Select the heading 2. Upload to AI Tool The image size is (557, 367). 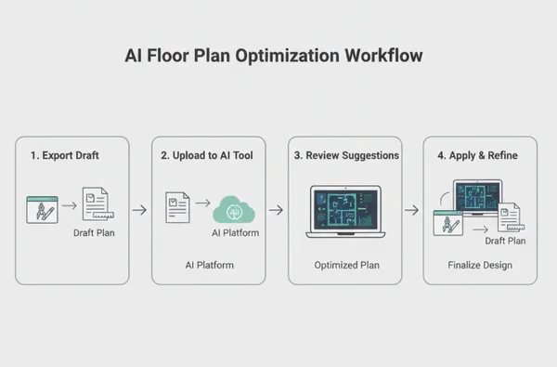[x=207, y=155]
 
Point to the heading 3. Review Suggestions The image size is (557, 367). [x=346, y=155]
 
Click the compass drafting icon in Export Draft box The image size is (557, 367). [x=42, y=209]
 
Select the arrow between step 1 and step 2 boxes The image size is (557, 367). [x=139, y=210]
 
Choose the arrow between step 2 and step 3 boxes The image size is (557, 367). [x=276, y=210]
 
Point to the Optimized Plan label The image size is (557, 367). [x=346, y=265]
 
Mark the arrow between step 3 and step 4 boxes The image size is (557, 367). [x=411, y=210]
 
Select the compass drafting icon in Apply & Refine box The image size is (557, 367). [x=448, y=225]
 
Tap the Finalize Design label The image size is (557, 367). [x=478, y=265]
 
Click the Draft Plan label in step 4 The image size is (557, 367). [x=505, y=241]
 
